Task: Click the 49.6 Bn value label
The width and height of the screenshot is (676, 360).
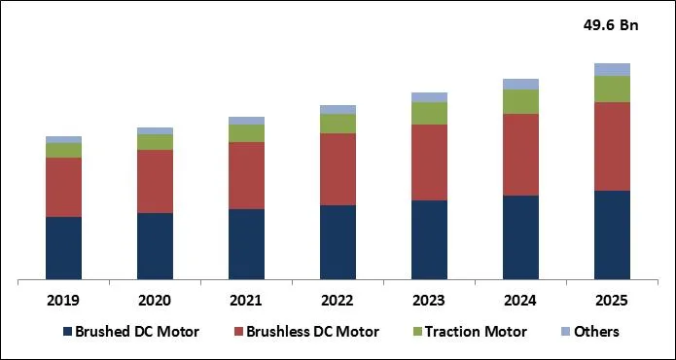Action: [x=612, y=26]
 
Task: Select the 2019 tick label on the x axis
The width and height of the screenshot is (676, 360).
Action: [x=63, y=301]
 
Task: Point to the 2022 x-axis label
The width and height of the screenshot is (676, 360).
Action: [x=338, y=301]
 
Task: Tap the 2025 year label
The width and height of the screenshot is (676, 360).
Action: [x=612, y=301]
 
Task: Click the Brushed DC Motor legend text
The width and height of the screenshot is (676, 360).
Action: [x=137, y=332]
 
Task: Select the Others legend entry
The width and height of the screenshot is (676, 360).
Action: [x=596, y=332]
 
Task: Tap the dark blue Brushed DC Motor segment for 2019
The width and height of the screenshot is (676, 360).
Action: [x=63, y=248]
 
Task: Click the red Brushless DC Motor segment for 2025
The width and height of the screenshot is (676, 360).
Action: [x=612, y=146]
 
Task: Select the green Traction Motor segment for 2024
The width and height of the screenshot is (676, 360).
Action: [x=520, y=101]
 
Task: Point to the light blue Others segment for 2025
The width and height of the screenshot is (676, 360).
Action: [x=612, y=69]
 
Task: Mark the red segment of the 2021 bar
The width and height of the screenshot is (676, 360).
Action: [x=246, y=175]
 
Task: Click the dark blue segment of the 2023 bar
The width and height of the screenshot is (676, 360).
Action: [x=429, y=240]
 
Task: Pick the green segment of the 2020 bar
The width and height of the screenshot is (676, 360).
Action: [x=155, y=142]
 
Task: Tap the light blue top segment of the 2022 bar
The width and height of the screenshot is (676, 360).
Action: [x=338, y=109]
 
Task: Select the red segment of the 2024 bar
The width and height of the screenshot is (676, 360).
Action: [x=520, y=155]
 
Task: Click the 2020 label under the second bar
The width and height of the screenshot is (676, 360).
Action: [x=155, y=301]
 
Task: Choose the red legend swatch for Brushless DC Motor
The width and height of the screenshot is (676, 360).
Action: [x=236, y=332]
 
